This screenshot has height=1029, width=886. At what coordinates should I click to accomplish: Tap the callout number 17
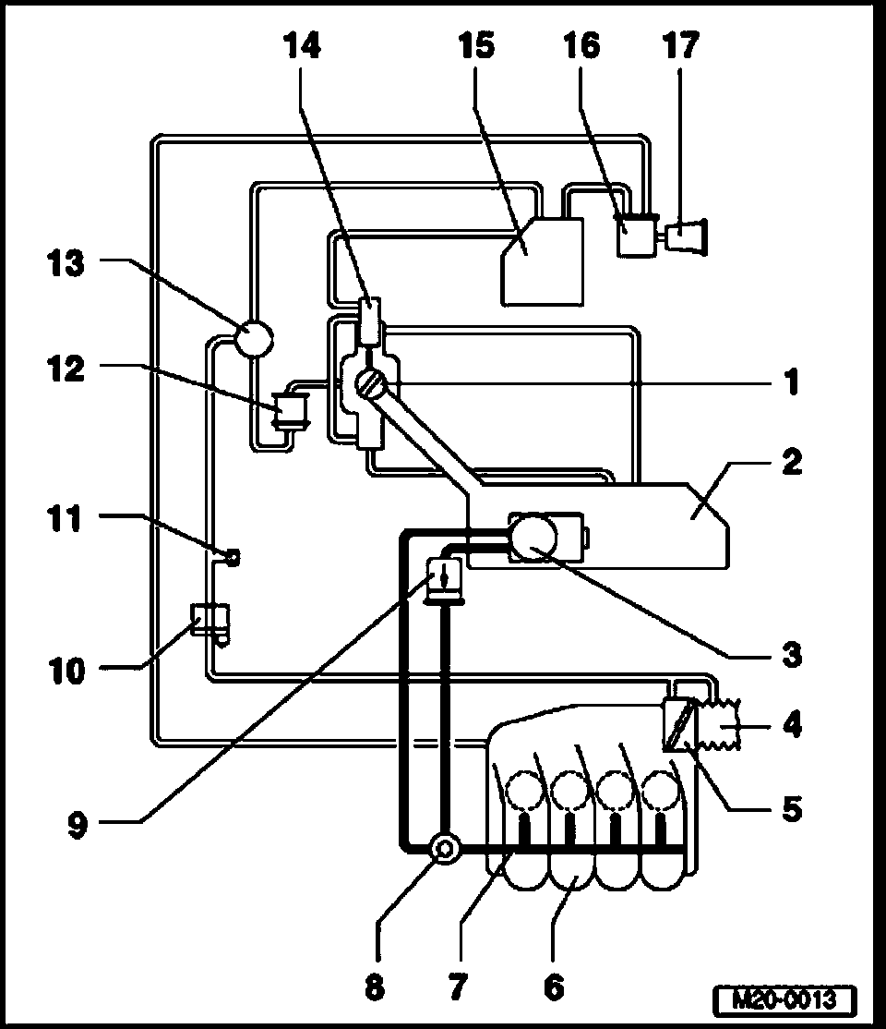pyautogui.click(x=681, y=46)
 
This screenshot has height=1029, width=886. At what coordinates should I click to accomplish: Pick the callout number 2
pyautogui.click(x=789, y=462)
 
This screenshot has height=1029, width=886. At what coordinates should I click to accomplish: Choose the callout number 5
pyautogui.click(x=789, y=809)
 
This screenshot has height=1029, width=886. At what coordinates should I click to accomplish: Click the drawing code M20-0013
pyautogui.click(x=784, y=999)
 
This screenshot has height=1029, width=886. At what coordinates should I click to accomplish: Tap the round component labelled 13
pyautogui.click(x=252, y=337)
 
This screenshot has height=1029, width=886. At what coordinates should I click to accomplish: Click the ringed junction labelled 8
pyautogui.click(x=445, y=846)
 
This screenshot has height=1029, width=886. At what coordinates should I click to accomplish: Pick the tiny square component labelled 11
pyautogui.click(x=232, y=555)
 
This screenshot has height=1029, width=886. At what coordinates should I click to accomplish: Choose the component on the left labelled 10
pyautogui.click(x=210, y=617)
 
